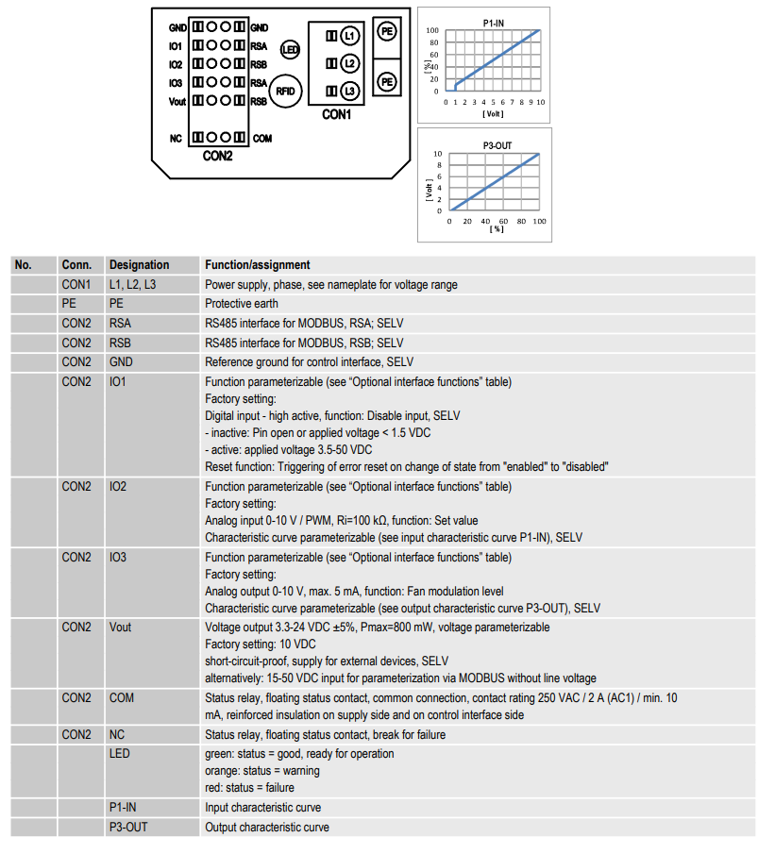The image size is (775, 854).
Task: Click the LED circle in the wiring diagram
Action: coord(290,50)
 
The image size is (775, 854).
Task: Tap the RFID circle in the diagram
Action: coord(285,91)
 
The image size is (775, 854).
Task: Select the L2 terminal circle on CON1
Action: coord(350,64)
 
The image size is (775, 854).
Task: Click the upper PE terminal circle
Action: coord(387,31)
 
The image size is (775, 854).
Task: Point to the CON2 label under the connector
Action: coord(217,157)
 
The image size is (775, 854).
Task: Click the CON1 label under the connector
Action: coord(336,115)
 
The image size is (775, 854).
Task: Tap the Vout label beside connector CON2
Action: coord(177,102)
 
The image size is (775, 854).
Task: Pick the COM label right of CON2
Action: coord(262,139)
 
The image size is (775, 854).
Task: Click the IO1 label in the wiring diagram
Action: coord(175,46)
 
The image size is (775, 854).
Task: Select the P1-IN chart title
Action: coord(494,24)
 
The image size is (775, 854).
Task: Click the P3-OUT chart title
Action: coord(497,146)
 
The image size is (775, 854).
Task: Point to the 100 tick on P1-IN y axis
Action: coord(432,30)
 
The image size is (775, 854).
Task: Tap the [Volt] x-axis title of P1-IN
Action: coord(493,114)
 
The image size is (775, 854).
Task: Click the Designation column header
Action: coord(139,265)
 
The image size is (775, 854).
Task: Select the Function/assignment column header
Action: coord(258,265)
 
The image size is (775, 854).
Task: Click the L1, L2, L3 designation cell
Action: coord(132,285)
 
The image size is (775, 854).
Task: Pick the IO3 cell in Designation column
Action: coord(118,558)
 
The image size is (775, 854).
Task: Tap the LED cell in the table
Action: coord(119,754)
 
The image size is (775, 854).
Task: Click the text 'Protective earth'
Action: coord(242,304)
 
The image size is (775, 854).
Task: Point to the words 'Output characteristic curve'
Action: coord(267,828)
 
